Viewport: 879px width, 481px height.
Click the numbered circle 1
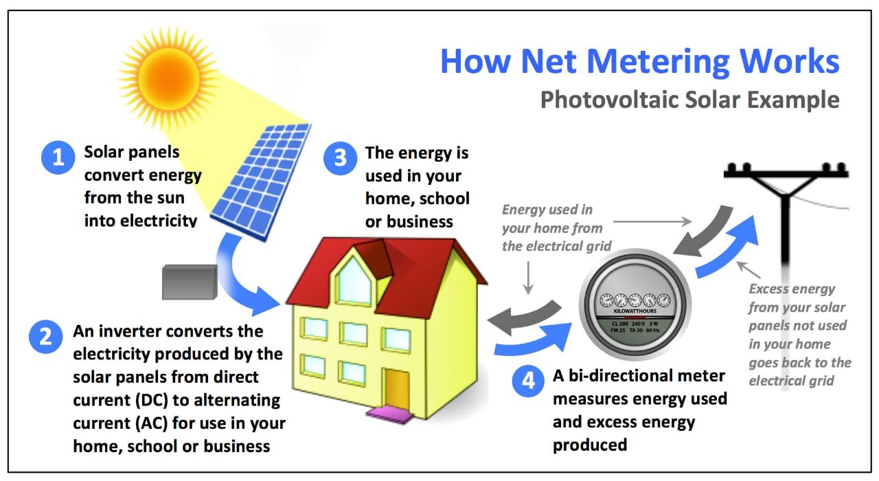click(58, 157)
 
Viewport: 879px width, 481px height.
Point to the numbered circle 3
click(340, 157)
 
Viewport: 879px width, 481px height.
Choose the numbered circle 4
click(528, 381)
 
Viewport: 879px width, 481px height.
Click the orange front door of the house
click(396, 389)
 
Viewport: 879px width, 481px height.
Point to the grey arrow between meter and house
click(525, 315)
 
